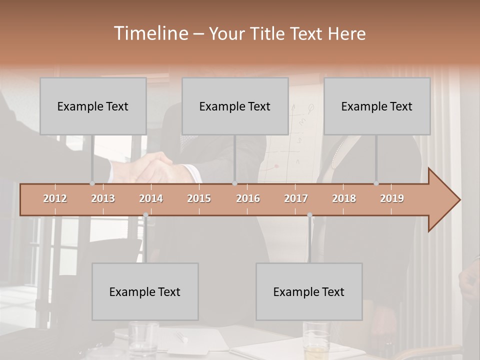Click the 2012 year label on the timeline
[x=55, y=198]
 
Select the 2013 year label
[x=103, y=198]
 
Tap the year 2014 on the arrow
[x=151, y=198]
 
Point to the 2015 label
[x=199, y=198]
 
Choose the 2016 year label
[x=248, y=198]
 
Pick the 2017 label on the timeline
[x=296, y=198]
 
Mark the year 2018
[x=344, y=198]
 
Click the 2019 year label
[x=392, y=198]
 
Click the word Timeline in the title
[x=150, y=33]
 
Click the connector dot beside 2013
[x=92, y=183]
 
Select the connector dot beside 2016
[x=234, y=183]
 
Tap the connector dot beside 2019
[x=376, y=183]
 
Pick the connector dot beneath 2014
[x=145, y=215]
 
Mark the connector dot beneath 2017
[x=309, y=215]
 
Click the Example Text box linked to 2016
[x=235, y=106]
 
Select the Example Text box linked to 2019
[x=377, y=106]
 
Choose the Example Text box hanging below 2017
[x=309, y=291]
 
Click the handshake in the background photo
[x=155, y=167]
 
